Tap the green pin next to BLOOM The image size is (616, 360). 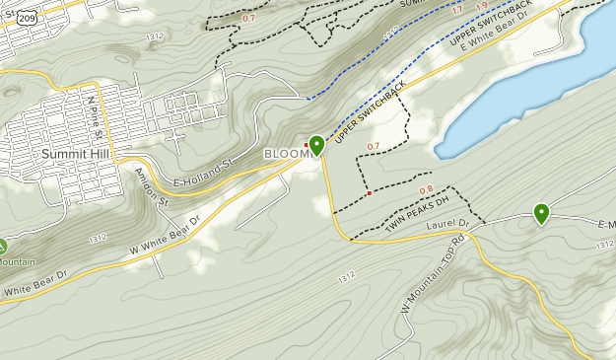[316, 146]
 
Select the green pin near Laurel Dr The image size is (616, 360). [541, 212]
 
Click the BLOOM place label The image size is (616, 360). [285, 155]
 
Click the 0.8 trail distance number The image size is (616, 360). [427, 190]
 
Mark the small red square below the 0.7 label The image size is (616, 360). [369, 193]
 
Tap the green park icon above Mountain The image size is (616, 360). [2, 247]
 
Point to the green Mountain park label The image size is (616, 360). [17, 262]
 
